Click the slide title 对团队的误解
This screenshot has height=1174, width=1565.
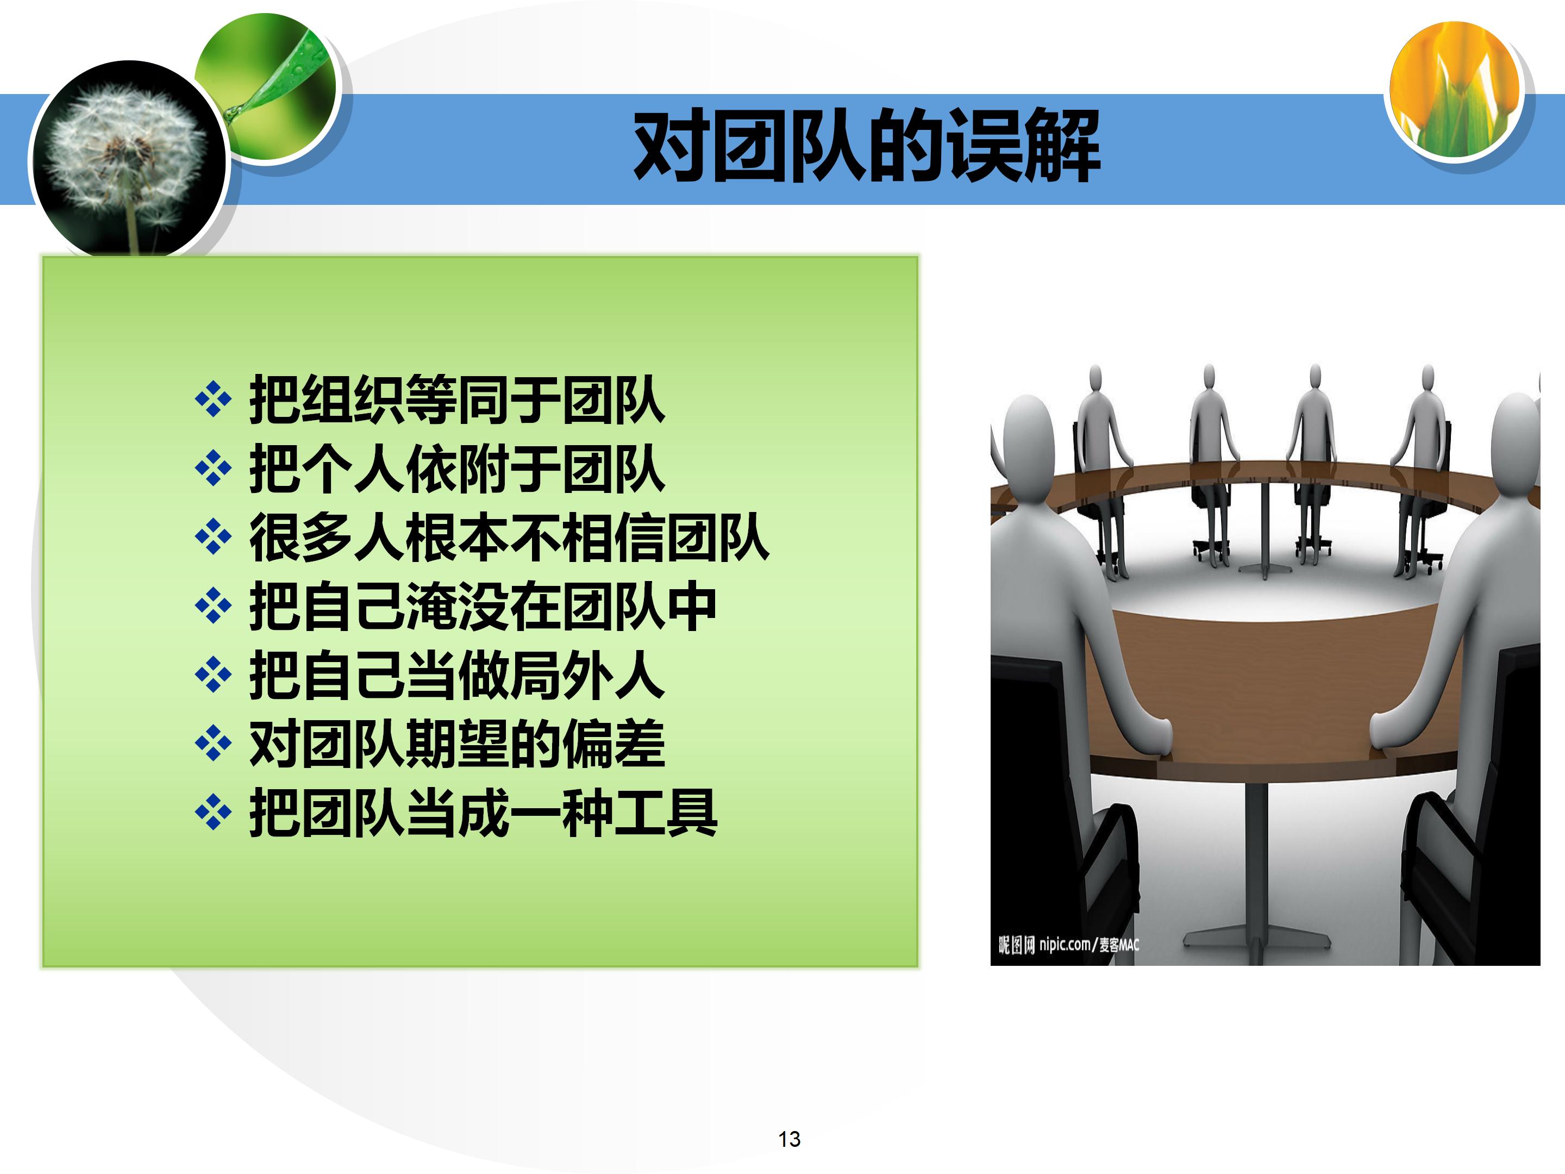tap(866, 146)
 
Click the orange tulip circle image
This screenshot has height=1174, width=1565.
tap(1455, 89)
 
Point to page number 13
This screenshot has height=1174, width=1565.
tap(789, 1139)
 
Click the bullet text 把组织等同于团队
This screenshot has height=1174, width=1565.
tap(456, 401)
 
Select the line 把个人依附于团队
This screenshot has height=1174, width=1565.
tap(456, 469)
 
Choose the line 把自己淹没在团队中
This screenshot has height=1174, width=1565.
tap(483, 607)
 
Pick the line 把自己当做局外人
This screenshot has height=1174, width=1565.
tap(456, 675)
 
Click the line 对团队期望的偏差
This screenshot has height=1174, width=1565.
tap(456, 744)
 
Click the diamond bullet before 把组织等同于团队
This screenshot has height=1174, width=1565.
tap(213, 401)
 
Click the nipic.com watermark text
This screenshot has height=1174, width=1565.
tap(1068, 944)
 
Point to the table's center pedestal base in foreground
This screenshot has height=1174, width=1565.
tap(1256, 935)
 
